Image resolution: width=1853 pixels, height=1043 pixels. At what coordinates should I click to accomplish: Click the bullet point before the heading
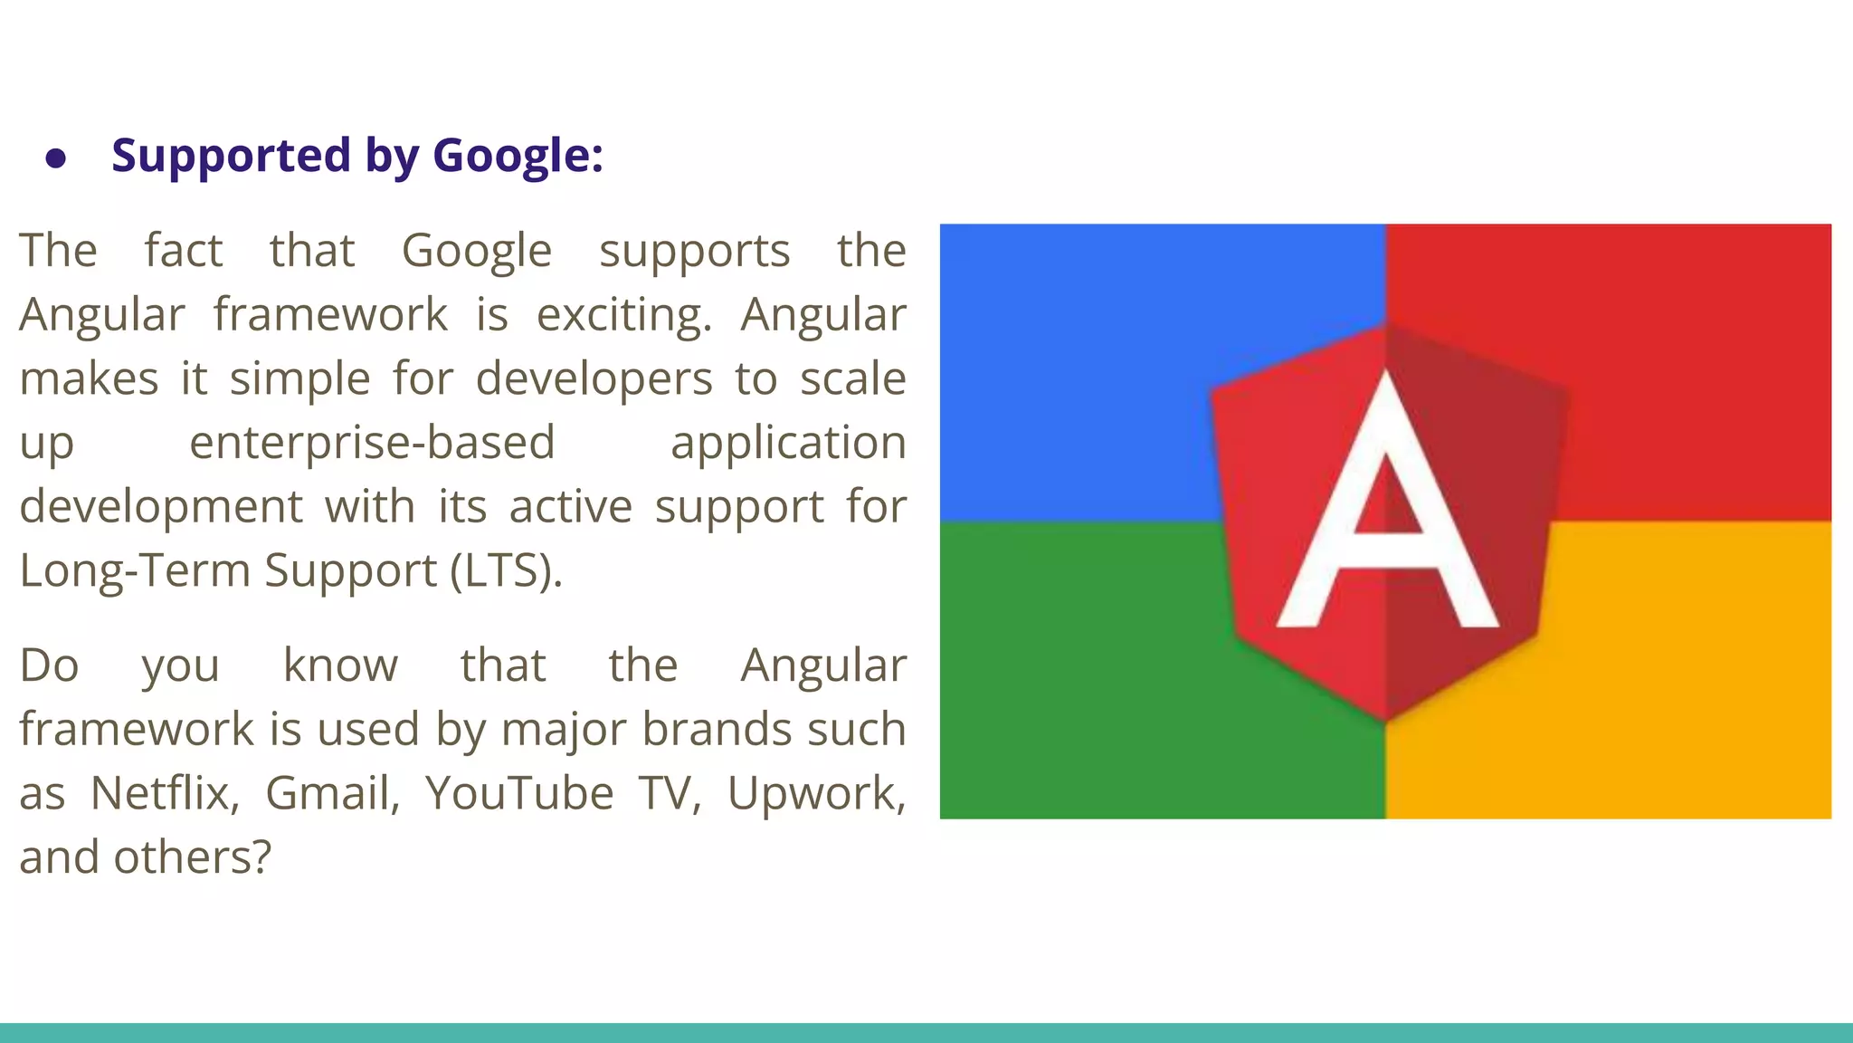[x=56, y=158]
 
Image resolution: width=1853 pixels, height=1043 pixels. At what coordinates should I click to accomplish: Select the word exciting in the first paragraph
[x=623, y=315]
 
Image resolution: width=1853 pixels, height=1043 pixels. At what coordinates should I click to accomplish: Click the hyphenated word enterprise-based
[x=372, y=443]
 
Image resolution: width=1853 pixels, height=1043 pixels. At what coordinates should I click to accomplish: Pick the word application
[x=788, y=443]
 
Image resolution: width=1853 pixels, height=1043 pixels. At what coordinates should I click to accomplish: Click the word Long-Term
[x=135, y=570]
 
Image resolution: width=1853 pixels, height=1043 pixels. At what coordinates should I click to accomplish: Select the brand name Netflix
[x=165, y=793]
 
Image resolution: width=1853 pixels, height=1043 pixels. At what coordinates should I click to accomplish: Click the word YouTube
[x=519, y=793]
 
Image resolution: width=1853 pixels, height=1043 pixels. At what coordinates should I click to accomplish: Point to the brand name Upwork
[x=815, y=793]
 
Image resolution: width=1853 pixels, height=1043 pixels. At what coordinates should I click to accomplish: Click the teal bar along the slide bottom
[x=926, y=1033]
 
